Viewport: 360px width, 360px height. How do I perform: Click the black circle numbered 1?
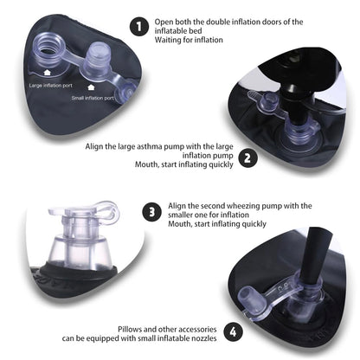[x=139, y=27]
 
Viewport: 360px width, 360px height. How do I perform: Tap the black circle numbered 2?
[x=247, y=158]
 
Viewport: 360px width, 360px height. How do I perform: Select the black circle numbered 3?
[x=152, y=212]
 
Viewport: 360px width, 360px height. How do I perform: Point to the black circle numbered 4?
[x=233, y=331]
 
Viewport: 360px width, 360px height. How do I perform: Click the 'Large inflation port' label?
[x=51, y=86]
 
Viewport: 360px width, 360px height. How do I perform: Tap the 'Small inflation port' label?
[x=93, y=98]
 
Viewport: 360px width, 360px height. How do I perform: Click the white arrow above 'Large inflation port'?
[x=47, y=72]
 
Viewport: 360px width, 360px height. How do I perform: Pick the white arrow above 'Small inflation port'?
[x=91, y=87]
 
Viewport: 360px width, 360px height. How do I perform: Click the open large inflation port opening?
[x=48, y=48]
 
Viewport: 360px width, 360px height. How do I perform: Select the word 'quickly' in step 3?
[x=254, y=224]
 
